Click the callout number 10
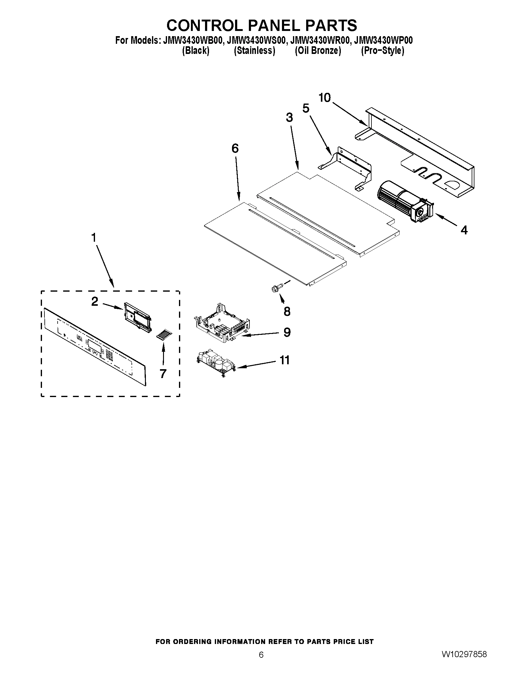(325, 98)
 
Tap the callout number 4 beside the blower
(464, 230)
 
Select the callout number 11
(284, 360)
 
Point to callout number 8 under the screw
(287, 311)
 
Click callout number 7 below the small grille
(163, 373)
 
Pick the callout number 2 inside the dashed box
(95, 301)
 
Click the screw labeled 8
(275, 288)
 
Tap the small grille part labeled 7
(163, 335)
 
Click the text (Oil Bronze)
(318, 51)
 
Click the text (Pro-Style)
(382, 51)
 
